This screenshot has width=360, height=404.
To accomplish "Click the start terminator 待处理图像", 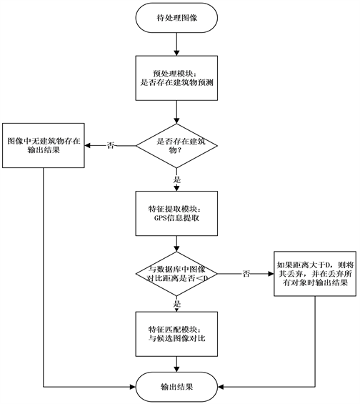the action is [x=176, y=18].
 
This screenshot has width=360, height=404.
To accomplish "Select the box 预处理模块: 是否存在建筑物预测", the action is [x=176, y=78].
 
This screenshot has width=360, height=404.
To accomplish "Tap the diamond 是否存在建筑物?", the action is [x=176, y=146].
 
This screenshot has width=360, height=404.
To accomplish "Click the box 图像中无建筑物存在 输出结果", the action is [x=44, y=146].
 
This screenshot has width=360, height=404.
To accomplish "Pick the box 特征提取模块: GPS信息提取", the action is [x=176, y=213].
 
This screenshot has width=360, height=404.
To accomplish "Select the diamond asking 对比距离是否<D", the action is [x=176, y=274].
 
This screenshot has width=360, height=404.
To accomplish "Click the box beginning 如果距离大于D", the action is [x=315, y=274].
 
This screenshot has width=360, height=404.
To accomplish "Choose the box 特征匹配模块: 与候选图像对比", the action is [x=176, y=334].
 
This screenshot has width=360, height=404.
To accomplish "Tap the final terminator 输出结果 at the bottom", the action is [x=176, y=387].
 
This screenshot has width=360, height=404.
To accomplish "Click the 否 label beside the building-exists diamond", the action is [x=111, y=146].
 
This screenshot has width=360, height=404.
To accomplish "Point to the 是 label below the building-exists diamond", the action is [x=177, y=179].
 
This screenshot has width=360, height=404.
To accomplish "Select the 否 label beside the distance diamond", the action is [x=246, y=274].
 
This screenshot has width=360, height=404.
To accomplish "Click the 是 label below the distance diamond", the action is [x=177, y=303].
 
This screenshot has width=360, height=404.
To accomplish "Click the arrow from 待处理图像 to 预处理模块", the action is [x=176, y=44].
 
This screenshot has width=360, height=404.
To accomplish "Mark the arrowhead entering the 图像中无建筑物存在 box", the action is [x=87, y=146].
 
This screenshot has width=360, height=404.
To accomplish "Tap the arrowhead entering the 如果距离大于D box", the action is [x=271, y=274].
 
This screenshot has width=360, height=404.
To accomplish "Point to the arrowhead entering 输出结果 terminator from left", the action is [x=133, y=387].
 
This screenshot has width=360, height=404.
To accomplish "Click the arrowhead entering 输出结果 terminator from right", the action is [x=221, y=387].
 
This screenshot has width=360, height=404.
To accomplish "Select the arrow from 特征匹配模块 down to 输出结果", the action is [x=176, y=364].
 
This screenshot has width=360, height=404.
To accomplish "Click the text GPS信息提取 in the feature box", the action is [x=176, y=218].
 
